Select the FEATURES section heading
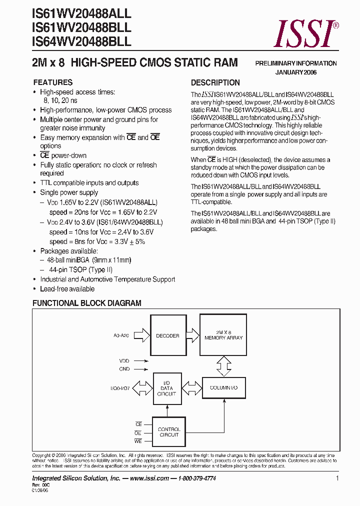(52, 82)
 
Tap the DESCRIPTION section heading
(215, 82)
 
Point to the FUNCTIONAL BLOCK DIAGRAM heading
(87, 303)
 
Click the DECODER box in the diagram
(167, 335)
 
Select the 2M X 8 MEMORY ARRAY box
(223, 335)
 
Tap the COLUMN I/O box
(223, 387)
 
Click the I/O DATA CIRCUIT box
(166, 388)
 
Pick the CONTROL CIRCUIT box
(169, 432)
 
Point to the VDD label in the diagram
(124, 360)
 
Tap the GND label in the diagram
(124, 369)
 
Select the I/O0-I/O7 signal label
(120, 388)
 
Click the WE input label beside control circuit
(138, 441)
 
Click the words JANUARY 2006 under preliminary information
(296, 72)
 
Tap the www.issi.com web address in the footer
(149, 478)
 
